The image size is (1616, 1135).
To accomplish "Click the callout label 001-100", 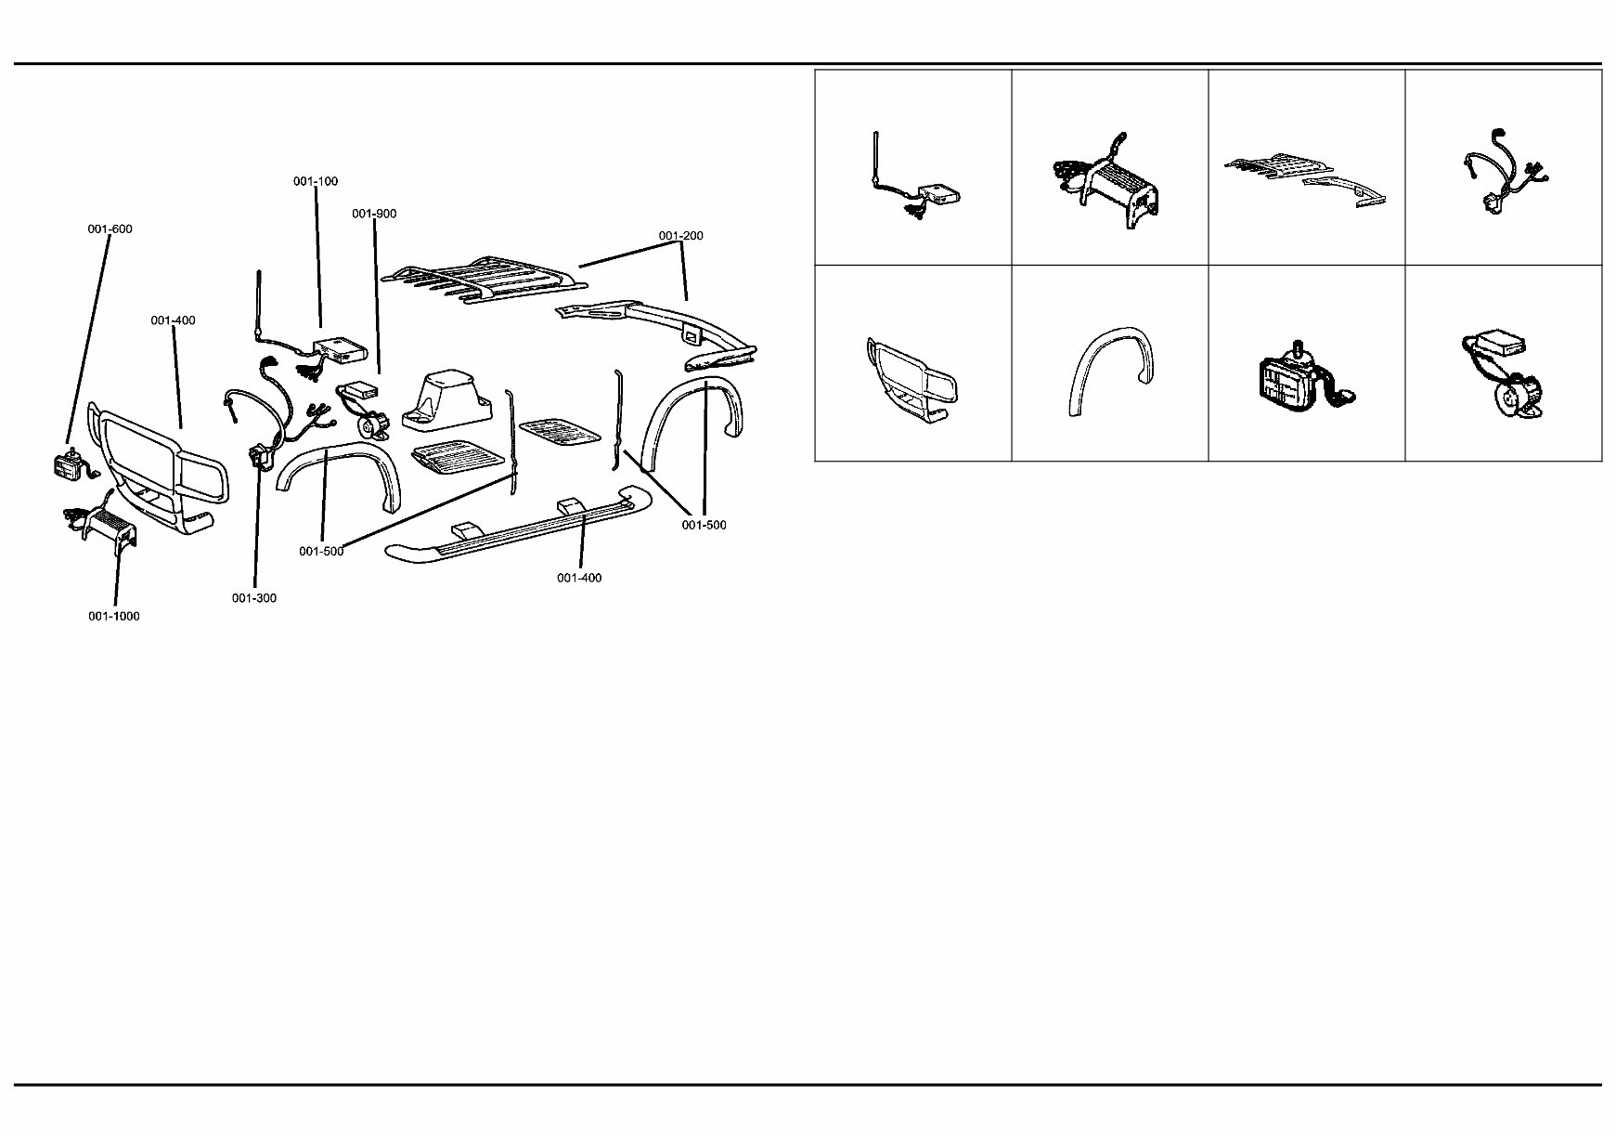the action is (x=316, y=181).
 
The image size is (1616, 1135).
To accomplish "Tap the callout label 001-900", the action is (x=374, y=214).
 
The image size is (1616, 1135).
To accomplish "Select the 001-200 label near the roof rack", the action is (x=681, y=236).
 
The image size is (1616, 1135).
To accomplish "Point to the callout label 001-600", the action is (x=110, y=229).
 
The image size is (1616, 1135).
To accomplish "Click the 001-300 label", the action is (x=254, y=598).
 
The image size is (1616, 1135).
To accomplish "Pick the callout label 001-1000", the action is (x=114, y=617).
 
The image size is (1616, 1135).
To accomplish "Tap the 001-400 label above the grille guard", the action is (x=174, y=321).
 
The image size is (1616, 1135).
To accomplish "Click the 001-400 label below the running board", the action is (x=579, y=578).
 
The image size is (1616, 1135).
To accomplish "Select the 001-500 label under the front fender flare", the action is (x=321, y=552).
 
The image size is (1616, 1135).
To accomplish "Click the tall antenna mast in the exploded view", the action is (x=258, y=307).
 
